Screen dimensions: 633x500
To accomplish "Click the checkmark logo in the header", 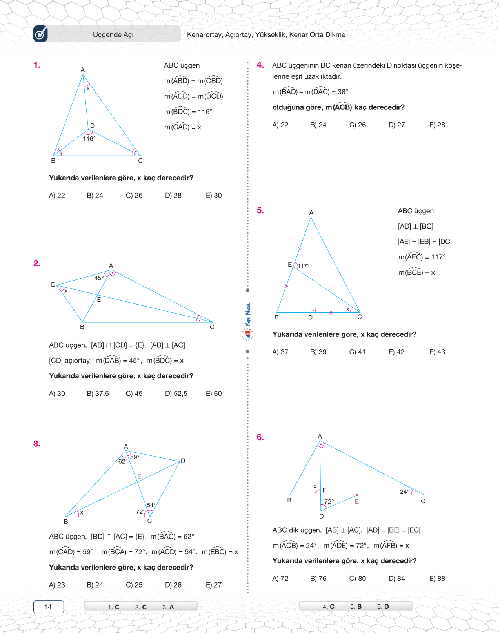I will pos(40,34).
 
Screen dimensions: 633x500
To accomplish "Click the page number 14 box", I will pos(48,607).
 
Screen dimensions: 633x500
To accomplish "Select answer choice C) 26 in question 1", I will pos(134,195).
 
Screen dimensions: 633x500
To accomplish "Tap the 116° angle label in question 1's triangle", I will pos(89,139).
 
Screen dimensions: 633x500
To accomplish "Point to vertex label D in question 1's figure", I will pos(92,126).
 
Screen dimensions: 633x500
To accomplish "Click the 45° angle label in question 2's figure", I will pos(99,278).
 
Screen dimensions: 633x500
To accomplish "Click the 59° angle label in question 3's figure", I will pos(135,457).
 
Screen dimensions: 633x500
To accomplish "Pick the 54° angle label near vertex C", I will pos(151,505).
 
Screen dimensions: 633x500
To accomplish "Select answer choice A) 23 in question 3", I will pos(57,585).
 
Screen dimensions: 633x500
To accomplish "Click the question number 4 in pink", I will pos(260,65).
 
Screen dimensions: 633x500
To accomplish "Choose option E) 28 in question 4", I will pos(437,125).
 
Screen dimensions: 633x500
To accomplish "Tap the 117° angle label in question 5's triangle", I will pos(304,266).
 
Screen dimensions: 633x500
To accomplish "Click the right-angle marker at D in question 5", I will pos(313,310).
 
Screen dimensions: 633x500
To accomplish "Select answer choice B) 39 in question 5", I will pos(318,352).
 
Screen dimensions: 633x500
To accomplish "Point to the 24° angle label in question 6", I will pos(404,492).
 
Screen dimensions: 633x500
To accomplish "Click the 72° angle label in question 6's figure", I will pos(329,502).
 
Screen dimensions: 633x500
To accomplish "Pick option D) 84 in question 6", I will pos(396,579).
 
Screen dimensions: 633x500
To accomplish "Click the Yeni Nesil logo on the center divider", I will pos(247,321).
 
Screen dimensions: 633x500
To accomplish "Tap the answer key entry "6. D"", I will pos(383,606).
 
